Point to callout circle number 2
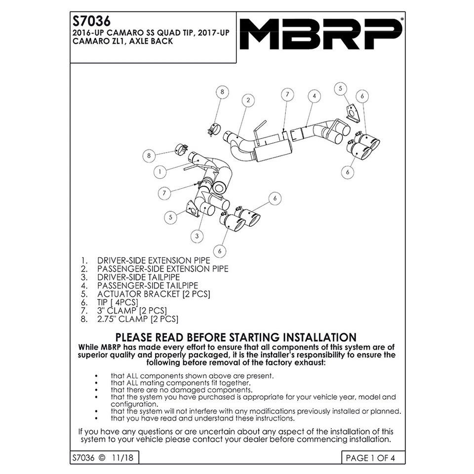click(248, 100)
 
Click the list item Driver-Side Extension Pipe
click(154, 260)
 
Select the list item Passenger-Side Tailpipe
click(147, 285)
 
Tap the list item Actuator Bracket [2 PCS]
click(154, 294)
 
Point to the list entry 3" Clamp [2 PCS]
click(132, 311)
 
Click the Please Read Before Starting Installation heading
click(236, 337)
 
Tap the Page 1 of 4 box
click(370, 458)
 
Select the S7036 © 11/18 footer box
click(103, 458)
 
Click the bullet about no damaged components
click(171, 390)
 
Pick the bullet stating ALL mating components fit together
click(181, 382)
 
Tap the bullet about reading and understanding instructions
click(202, 418)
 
